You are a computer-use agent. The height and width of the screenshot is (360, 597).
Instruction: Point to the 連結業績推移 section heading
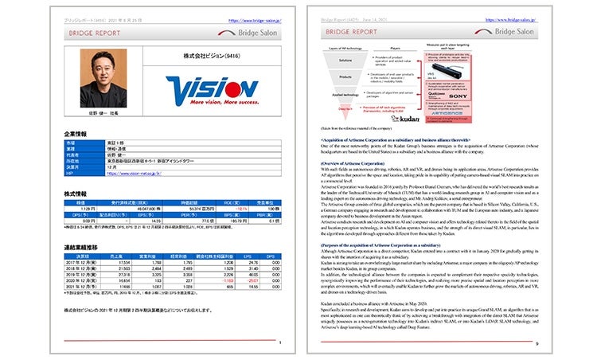pyautogui.click(x=81, y=247)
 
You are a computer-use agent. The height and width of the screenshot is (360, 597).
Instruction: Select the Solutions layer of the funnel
pyautogui.click(x=345, y=60)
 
